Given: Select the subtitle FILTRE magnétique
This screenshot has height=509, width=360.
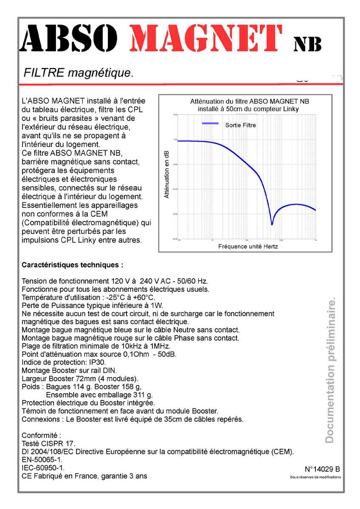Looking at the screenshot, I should pos(79,73).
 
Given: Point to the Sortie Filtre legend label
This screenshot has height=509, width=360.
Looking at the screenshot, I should pos(240,125).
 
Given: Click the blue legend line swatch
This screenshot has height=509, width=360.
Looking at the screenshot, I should pos(211,123).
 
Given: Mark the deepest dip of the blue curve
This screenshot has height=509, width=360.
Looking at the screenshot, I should pos(272,224).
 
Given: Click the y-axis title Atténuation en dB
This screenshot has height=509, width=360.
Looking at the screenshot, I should pos(166,174).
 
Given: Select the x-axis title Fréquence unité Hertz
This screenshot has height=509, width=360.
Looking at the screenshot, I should pos(248,246).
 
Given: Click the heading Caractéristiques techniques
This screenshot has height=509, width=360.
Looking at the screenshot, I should pos(72,265).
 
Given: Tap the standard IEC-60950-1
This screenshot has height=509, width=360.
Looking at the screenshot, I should pos(43,468).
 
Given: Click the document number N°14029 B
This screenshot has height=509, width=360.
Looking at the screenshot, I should pos(322,469).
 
